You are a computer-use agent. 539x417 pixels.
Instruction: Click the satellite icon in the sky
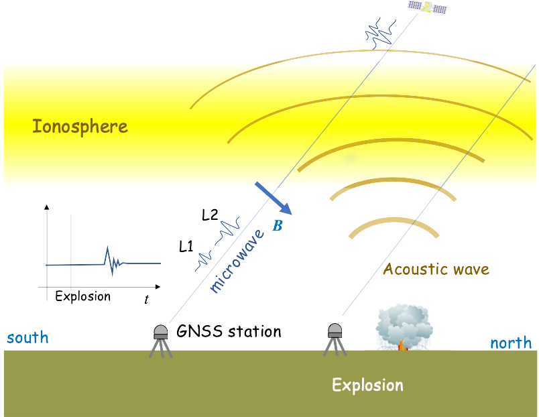pyautogui.click(x=428, y=7)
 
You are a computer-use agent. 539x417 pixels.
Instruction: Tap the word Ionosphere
pyautogui.click(x=80, y=126)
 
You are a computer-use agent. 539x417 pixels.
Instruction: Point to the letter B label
pyautogui.click(x=278, y=226)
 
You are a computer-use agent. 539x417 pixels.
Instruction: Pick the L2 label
pyautogui.click(x=210, y=215)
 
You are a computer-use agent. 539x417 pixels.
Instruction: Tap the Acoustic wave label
pyautogui.click(x=436, y=270)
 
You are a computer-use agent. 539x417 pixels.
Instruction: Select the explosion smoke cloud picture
pyautogui.click(x=408, y=326)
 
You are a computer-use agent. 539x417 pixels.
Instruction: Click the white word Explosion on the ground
pyautogui.click(x=367, y=385)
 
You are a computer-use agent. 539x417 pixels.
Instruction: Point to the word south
pyautogui.click(x=27, y=337)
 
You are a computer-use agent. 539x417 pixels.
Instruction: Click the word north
pyautogui.click(x=511, y=343)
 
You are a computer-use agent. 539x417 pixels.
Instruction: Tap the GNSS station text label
pyautogui.click(x=229, y=331)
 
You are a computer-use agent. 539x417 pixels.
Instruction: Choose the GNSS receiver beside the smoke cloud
pyautogui.click(x=335, y=339)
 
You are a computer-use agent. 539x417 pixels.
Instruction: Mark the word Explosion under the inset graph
pyautogui.click(x=83, y=296)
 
